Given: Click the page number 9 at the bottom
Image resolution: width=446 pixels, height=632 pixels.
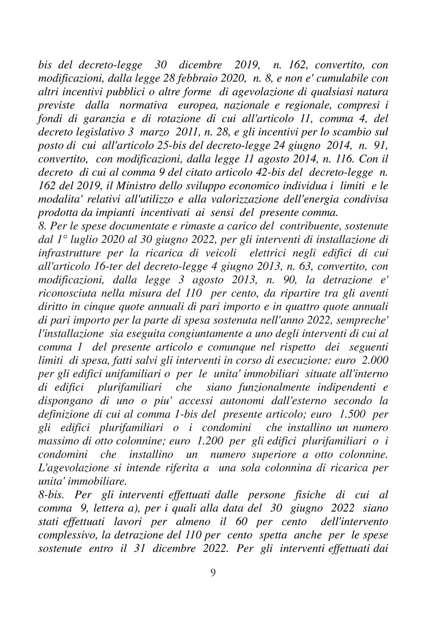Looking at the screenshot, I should click(213, 572).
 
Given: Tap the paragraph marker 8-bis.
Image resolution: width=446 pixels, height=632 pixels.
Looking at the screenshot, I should click(53, 494).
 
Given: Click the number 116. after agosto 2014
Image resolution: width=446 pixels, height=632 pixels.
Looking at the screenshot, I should click(339, 158).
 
